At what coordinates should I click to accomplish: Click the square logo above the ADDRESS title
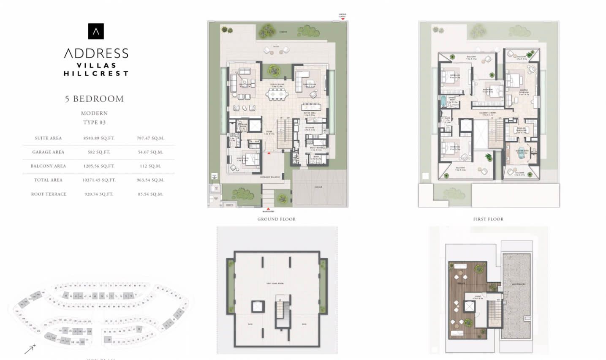pyautogui.click(x=96, y=31)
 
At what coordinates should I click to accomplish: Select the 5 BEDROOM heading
pyautogui.click(x=94, y=99)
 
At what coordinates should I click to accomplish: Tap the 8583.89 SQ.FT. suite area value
pyautogui.click(x=99, y=138)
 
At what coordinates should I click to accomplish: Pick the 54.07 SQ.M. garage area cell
pyautogui.click(x=150, y=152)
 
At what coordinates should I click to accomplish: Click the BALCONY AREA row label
pyautogui.click(x=48, y=166)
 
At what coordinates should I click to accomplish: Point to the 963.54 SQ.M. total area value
pyautogui.click(x=150, y=180)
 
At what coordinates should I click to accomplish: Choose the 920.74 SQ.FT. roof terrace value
pyautogui.click(x=99, y=194)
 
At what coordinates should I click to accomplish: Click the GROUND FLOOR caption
pyautogui.click(x=277, y=219)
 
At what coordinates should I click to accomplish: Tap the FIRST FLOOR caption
pyautogui.click(x=488, y=219)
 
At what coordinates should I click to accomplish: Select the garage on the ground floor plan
pyautogui.click(x=318, y=188)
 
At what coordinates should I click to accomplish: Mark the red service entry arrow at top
pyautogui.click(x=343, y=19)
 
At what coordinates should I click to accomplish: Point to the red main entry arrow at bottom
pyautogui.click(x=268, y=207)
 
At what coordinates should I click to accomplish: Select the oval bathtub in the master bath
pyautogui.click(x=522, y=154)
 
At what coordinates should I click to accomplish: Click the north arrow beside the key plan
pyautogui.click(x=30, y=349)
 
